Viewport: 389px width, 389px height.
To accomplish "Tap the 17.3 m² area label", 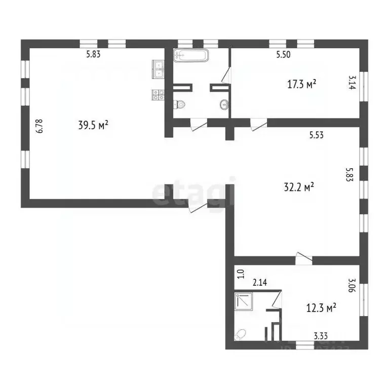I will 302,84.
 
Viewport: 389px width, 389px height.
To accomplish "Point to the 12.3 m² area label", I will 321,307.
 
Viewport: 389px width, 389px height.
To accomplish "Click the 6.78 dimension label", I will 39,126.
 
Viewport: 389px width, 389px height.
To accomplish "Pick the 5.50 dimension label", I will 283,55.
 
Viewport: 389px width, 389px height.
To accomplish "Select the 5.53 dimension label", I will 317,135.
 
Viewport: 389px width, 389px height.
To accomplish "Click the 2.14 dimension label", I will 259,282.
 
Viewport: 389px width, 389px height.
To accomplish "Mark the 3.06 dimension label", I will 351,285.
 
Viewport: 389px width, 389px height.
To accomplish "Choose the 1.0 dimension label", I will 241,274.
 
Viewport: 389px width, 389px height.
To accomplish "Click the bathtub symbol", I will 190,55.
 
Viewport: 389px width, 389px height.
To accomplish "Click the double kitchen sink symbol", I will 158,68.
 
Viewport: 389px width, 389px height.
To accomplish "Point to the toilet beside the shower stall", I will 241,335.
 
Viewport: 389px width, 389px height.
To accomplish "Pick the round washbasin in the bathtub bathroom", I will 223,105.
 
